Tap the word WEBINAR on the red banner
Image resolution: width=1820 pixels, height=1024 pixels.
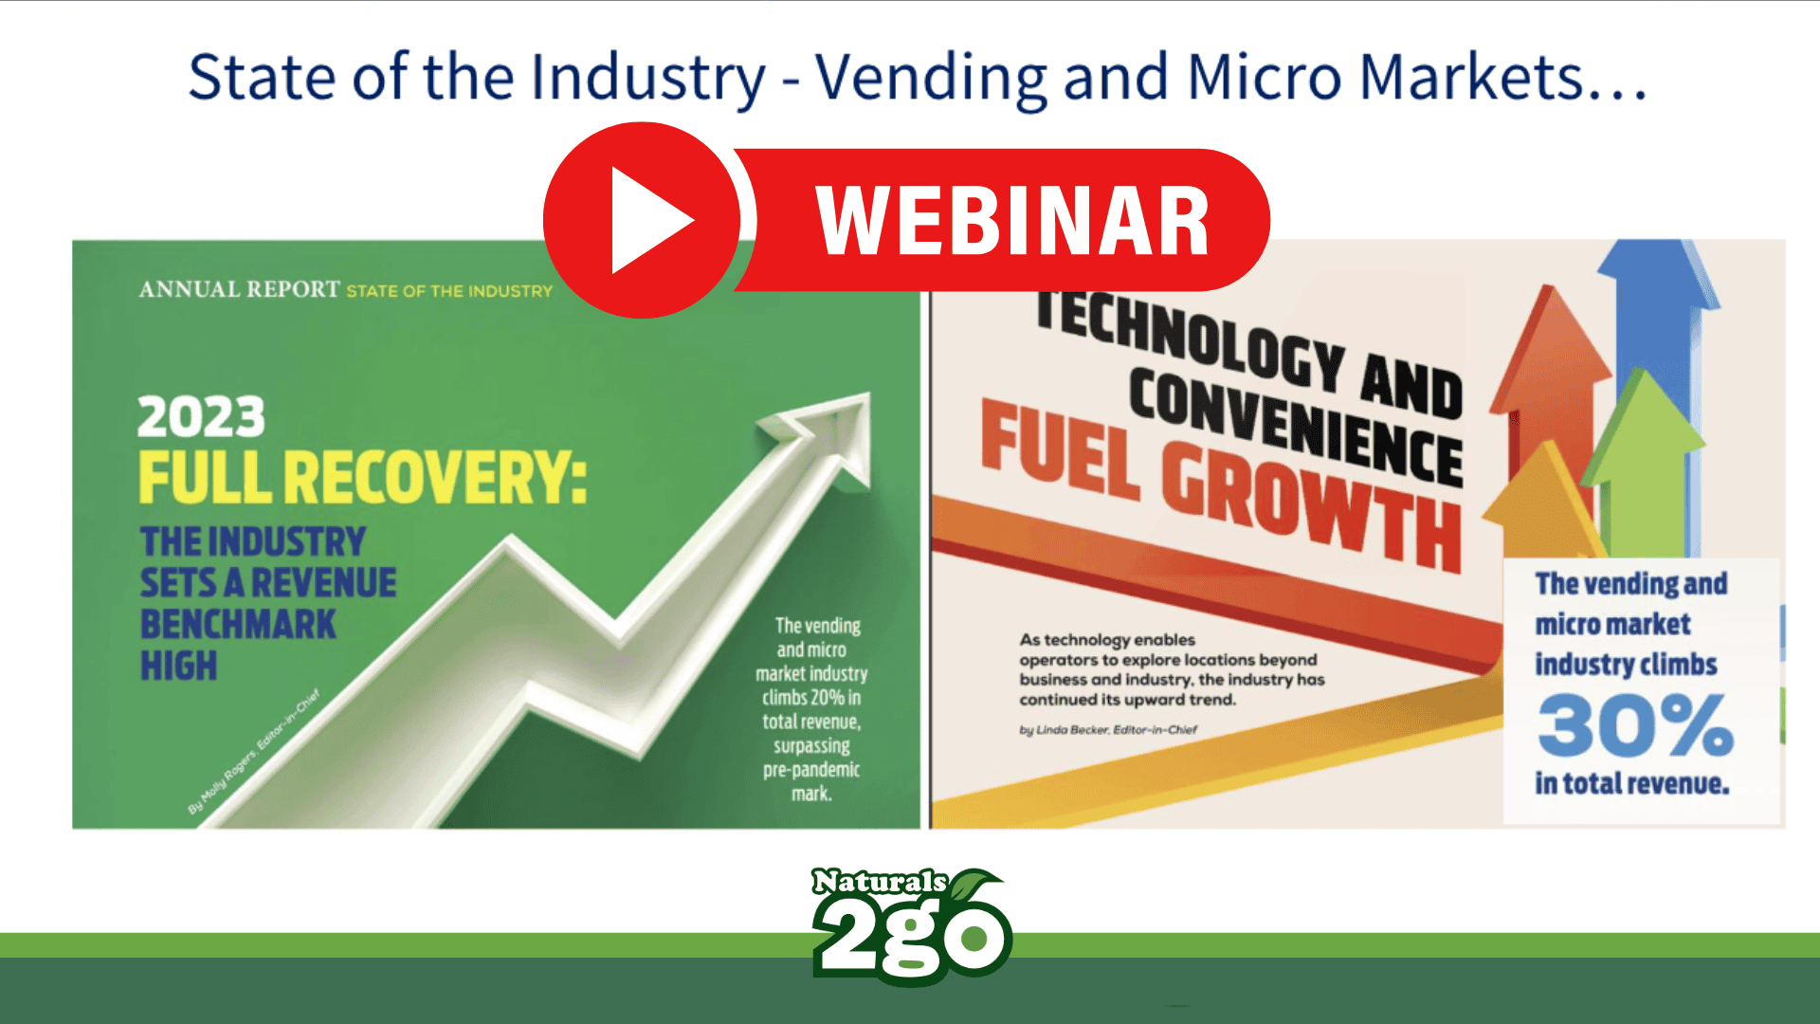pos(1012,221)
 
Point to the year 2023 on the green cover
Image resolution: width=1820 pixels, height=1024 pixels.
pos(201,416)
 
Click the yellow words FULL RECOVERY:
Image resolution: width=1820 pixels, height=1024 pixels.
pos(363,477)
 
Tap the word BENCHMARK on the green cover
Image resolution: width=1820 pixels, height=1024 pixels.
pos(238,624)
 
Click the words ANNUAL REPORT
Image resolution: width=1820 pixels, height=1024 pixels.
pos(239,289)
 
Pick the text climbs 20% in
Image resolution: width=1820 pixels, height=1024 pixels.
pos(811,698)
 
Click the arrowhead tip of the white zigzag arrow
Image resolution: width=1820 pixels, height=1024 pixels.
pos(867,394)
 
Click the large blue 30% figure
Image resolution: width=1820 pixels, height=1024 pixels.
pos(1635,725)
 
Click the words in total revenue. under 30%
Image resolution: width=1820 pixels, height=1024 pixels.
pos(1632,784)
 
